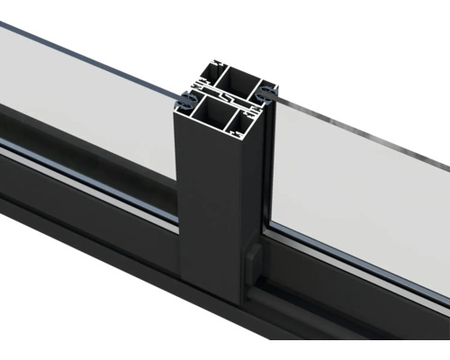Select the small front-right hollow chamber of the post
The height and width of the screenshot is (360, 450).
[247, 118]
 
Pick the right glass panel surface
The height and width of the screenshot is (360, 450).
[360, 198]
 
